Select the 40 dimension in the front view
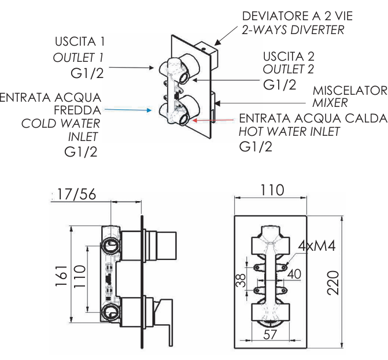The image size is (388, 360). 294,273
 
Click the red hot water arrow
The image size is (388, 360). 213,120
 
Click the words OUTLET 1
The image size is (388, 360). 79,58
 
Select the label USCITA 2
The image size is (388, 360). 287,57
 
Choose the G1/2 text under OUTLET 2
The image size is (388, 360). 280,84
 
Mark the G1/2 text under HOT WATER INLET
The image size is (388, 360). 256,146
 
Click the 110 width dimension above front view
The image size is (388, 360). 271,189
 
